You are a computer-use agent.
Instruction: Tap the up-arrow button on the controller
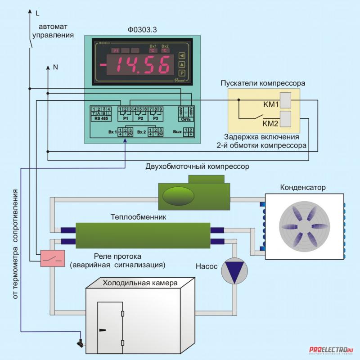[x=182, y=64]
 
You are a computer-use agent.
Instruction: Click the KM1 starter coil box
[x=285, y=99]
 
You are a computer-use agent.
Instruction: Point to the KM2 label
[x=270, y=123]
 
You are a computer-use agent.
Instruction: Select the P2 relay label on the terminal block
[x=141, y=118]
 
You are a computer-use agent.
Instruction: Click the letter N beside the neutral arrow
[x=56, y=67]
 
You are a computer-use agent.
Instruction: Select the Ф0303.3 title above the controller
[x=143, y=30]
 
